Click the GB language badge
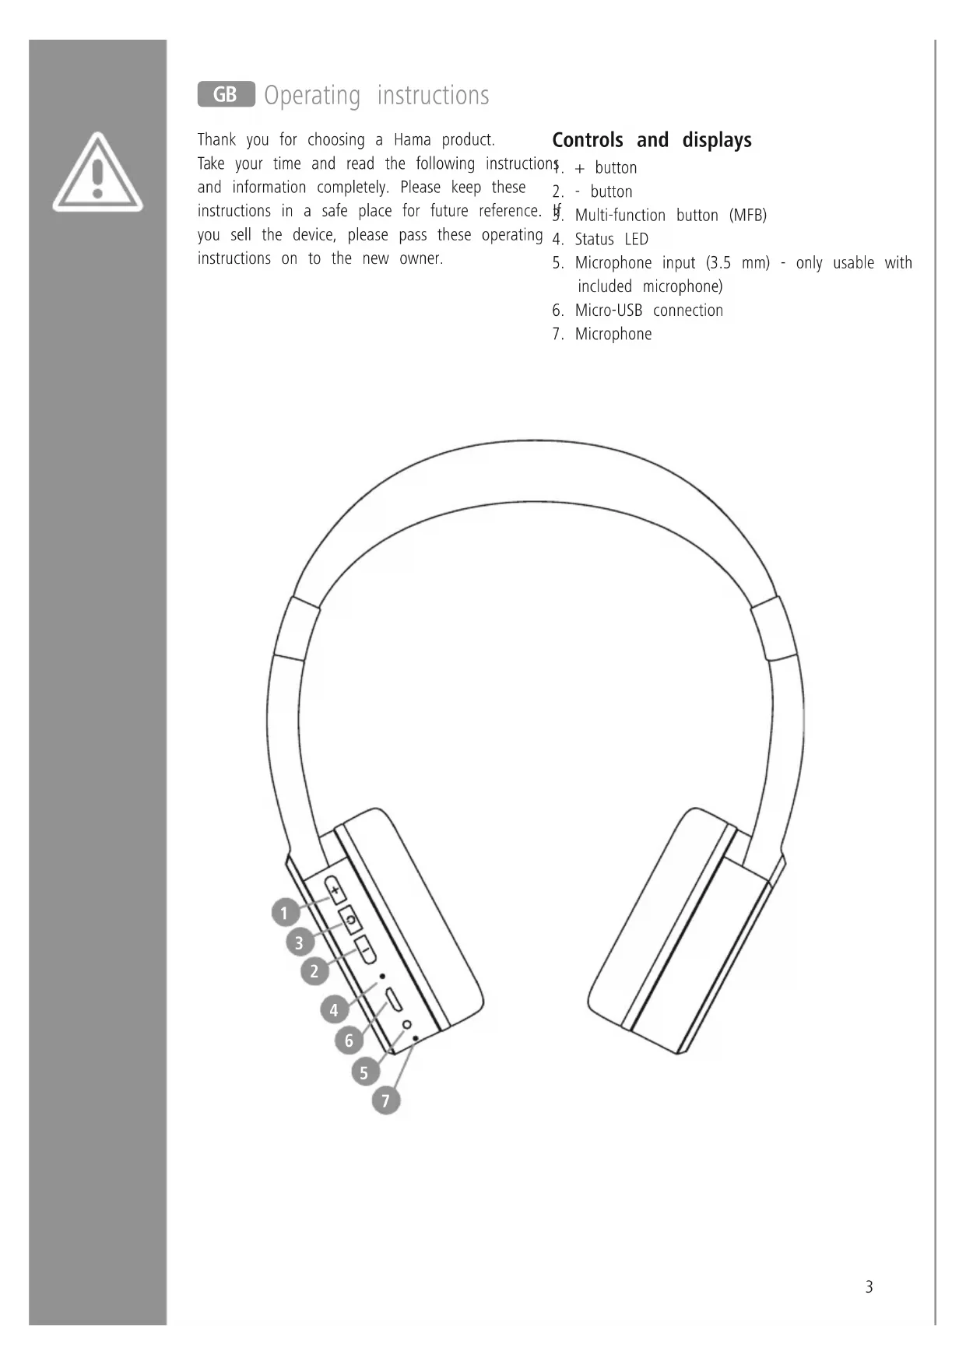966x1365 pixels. click(x=226, y=94)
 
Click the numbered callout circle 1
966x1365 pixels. click(x=285, y=912)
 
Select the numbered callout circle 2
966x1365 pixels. click(x=314, y=970)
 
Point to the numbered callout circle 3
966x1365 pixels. click(x=299, y=942)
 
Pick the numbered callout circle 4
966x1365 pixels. click(x=334, y=1009)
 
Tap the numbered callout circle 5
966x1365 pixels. click(x=364, y=1072)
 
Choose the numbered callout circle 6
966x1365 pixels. click(x=349, y=1040)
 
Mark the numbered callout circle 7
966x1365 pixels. click(x=385, y=1100)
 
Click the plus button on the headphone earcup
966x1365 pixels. click(x=335, y=890)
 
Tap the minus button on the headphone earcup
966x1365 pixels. click(x=365, y=950)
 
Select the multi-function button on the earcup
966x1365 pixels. click(x=350, y=920)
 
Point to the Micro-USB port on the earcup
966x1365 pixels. click(x=394, y=998)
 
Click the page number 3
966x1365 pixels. click(x=869, y=1286)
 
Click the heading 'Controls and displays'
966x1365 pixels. click(x=652, y=140)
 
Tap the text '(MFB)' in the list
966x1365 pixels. click(x=747, y=216)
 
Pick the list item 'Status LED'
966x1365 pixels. click(x=611, y=240)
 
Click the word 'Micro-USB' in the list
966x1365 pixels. click(x=608, y=311)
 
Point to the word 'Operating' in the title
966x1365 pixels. click(x=312, y=96)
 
